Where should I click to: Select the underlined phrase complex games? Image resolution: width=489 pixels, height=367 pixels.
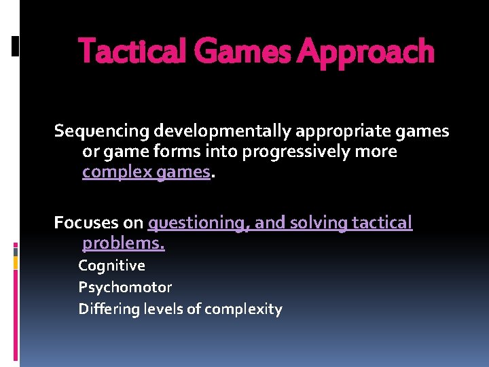point(146,172)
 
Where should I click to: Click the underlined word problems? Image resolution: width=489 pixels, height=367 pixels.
point(123,243)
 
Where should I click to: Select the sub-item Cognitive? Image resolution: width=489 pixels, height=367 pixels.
point(111,266)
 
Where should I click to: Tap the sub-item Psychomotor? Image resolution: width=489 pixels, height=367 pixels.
point(125,287)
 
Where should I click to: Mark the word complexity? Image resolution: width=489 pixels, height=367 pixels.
point(243,309)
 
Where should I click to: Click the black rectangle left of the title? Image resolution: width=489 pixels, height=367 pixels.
point(15,46)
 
